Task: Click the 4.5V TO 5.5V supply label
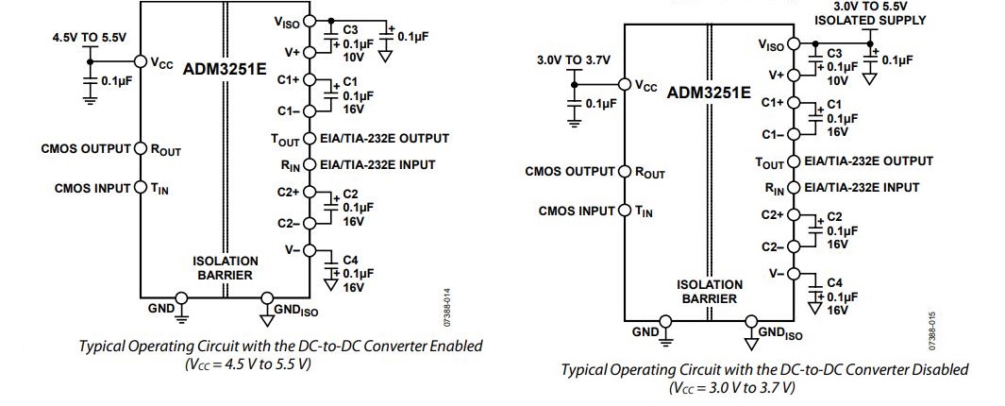click(89, 39)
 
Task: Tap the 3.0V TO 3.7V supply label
click(573, 60)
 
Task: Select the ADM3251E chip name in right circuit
click(709, 93)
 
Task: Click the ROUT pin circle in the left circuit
click(141, 148)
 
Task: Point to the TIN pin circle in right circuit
click(624, 211)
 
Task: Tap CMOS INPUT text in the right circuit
click(576, 211)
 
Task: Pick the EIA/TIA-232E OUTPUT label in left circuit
click(384, 139)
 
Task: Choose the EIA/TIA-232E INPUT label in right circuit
click(855, 188)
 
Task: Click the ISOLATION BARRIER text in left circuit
click(225, 267)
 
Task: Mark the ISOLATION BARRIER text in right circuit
click(709, 291)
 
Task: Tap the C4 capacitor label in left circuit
click(350, 259)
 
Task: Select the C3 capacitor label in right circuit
click(834, 55)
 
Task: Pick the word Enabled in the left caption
click(451, 347)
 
